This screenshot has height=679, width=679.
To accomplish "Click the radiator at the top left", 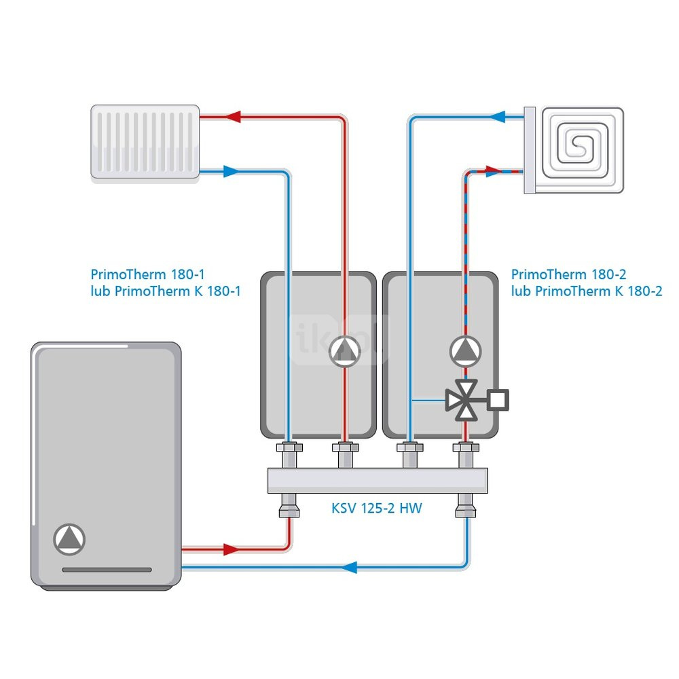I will [x=145, y=141].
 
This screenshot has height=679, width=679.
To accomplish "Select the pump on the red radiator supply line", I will [x=346, y=351].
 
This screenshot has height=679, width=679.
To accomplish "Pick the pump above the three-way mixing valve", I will [x=465, y=351].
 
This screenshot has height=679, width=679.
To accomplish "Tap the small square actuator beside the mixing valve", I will [x=498, y=399].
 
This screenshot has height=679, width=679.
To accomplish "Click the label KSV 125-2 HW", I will [x=377, y=508].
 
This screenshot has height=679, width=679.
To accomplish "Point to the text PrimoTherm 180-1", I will [x=147, y=275].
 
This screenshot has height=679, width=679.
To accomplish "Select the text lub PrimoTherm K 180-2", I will [x=587, y=292].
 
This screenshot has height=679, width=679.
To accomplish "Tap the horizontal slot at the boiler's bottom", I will [x=107, y=570].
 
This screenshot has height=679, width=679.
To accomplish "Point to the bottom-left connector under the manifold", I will [x=289, y=506].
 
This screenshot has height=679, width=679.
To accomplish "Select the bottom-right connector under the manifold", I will [x=466, y=506].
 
